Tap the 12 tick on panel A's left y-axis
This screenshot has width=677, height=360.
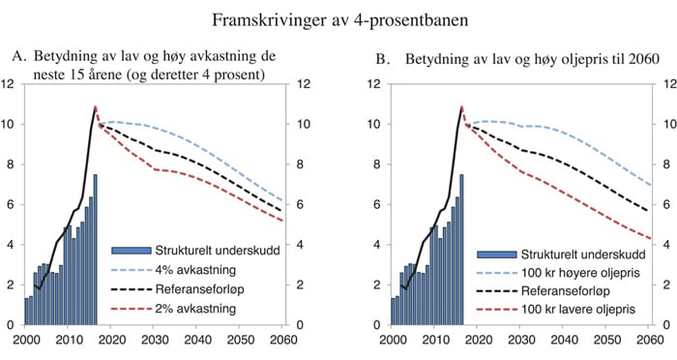coord(10,84)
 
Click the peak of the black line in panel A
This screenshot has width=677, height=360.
coord(95,106)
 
